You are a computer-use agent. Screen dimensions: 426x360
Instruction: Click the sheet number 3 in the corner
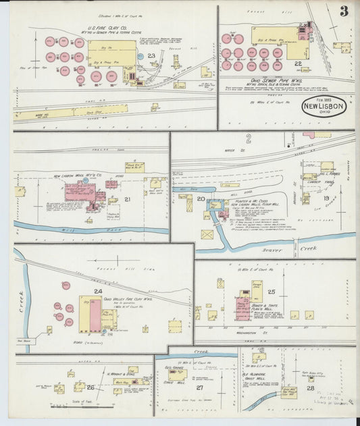344,11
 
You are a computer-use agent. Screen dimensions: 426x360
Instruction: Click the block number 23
151,56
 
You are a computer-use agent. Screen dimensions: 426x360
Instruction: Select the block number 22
297,63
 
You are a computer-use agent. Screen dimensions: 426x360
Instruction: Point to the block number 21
127,199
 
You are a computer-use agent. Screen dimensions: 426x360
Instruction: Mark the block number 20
201,198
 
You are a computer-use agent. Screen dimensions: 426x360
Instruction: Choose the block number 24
98,291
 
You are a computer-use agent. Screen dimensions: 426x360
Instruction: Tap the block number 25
271,292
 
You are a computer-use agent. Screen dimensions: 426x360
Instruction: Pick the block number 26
90,387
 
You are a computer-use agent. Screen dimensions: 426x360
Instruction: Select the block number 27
199,388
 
